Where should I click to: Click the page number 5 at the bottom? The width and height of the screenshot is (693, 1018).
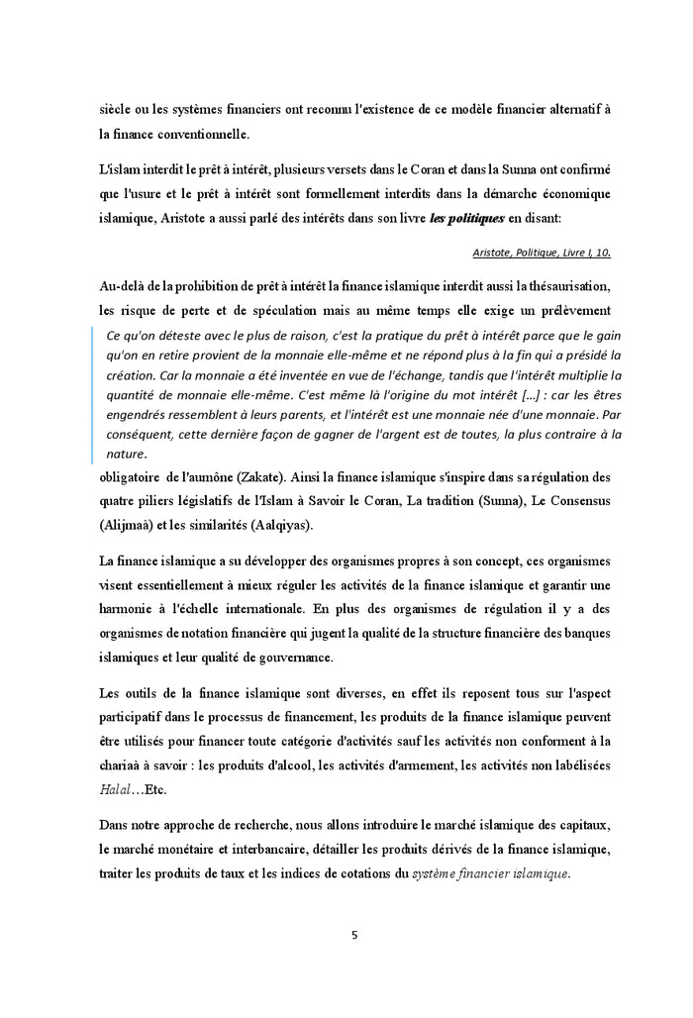pos(353,934)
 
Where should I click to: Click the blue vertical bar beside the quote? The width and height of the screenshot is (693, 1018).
pos(93,394)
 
